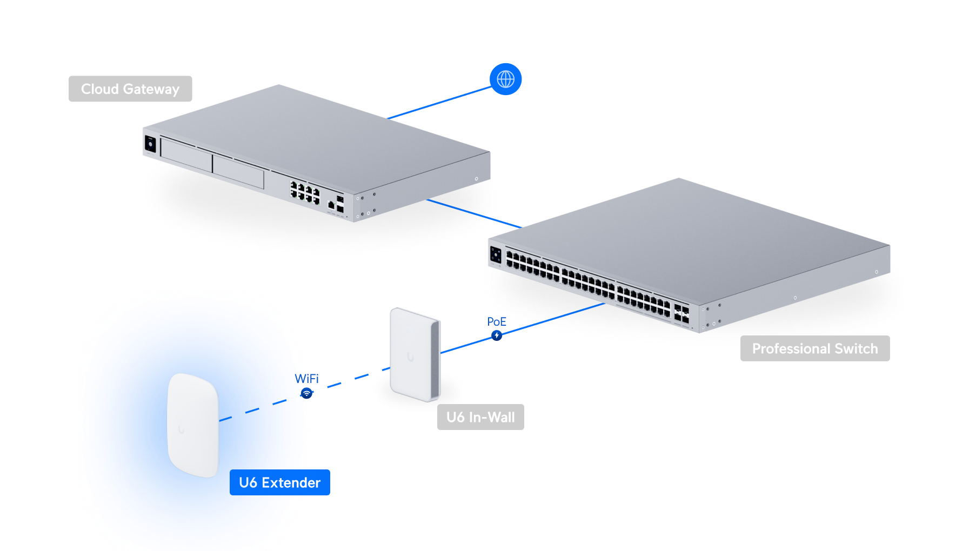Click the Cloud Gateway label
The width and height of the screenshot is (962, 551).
pos(130,89)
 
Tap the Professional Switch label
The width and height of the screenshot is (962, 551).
pos(814,348)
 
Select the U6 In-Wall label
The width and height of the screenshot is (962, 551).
pos(480,417)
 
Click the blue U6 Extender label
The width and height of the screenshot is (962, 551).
pos(280,482)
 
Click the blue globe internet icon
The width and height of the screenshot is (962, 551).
pos(505,79)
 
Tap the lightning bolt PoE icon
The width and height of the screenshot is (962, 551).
pos(497,335)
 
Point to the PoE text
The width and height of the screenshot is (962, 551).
pos(496,322)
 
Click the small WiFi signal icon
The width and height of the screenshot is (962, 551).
pos(306,393)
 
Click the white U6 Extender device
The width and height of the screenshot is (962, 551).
pos(193,425)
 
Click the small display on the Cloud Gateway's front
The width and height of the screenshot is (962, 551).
pos(150,145)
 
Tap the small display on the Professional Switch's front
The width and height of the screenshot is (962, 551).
pos(496,256)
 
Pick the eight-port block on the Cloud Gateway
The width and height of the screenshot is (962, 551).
pos(305,193)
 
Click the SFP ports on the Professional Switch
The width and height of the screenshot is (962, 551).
pos(681,315)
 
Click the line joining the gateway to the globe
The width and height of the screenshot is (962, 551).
pos(438,103)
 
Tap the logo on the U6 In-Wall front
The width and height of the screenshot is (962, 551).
pos(411,357)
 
